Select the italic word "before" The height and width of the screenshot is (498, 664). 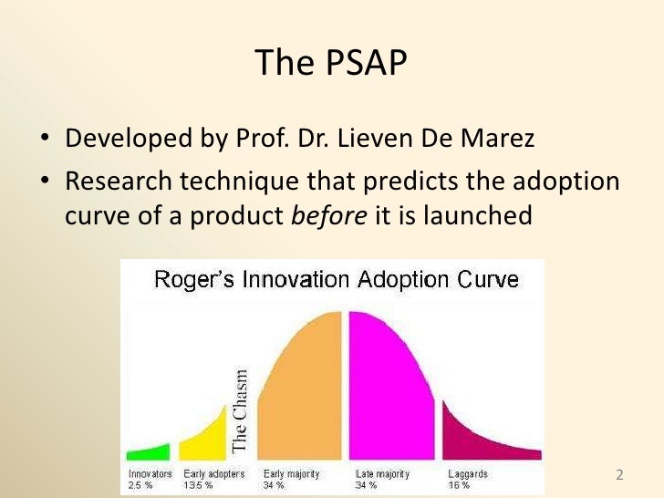pyautogui.click(x=332, y=216)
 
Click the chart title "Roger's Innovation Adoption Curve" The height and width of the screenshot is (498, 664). pyautogui.click(x=337, y=279)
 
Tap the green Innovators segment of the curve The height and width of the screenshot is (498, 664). pyautogui.click(x=148, y=451)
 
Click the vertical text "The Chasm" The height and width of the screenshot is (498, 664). pyautogui.click(x=241, y=410)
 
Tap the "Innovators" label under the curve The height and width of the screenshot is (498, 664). pyautogui.click(x=149, y=474)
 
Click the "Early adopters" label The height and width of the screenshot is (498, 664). pyautogui.click(x=213, y=474)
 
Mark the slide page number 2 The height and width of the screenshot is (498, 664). pyautogui.click(x=620, y=475)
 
